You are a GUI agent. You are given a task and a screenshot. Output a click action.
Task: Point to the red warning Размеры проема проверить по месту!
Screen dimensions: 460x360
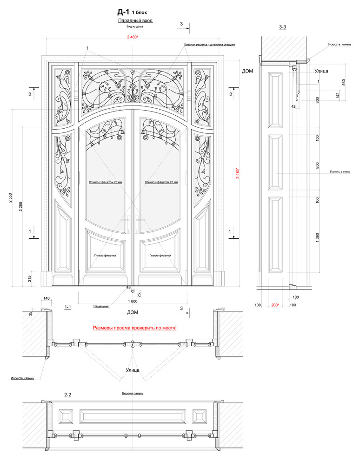[x=135, y=328]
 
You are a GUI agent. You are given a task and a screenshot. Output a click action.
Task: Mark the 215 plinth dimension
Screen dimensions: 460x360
[x=30, y=278]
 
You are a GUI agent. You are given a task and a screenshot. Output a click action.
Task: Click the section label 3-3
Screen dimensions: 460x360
[x=282, y=27]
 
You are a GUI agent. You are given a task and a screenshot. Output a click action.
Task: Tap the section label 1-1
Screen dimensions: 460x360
[x=67, y=307]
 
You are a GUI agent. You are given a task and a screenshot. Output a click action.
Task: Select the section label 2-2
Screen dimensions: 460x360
[x=67, y=395]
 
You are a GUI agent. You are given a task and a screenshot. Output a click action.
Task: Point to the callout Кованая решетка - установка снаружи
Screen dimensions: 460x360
[x=209, y=45]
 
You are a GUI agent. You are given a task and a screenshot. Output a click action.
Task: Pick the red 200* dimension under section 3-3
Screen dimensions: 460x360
[x=275, y=305]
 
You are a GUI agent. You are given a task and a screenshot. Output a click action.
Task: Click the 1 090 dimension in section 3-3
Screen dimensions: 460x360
[x=318, y=237]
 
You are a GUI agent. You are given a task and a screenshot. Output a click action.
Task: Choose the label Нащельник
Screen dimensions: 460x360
[x=101, y=306]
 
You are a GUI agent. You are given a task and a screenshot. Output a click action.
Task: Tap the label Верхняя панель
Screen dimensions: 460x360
[x=133, y=393]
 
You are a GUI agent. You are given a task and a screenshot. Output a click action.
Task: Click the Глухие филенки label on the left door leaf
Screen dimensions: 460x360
[x=105, y=256]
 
